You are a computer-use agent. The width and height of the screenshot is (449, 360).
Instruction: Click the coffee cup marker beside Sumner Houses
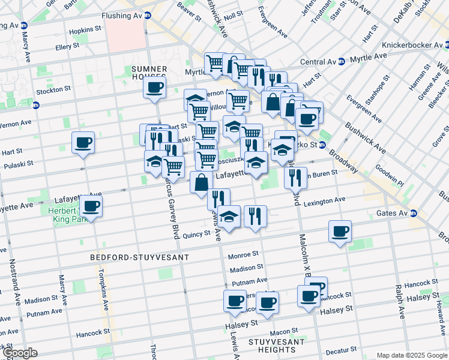154,88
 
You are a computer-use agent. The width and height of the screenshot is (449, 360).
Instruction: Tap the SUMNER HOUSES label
148,74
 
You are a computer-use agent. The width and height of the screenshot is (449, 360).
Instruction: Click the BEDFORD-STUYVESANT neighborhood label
139,257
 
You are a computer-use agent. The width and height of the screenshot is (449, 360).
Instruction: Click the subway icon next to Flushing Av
148,15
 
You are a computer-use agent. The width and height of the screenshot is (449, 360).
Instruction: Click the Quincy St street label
198,235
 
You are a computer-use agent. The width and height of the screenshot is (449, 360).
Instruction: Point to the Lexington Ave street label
324,202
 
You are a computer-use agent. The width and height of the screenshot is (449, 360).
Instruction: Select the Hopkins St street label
85,29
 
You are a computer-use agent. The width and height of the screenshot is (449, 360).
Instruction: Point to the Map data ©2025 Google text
411,355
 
